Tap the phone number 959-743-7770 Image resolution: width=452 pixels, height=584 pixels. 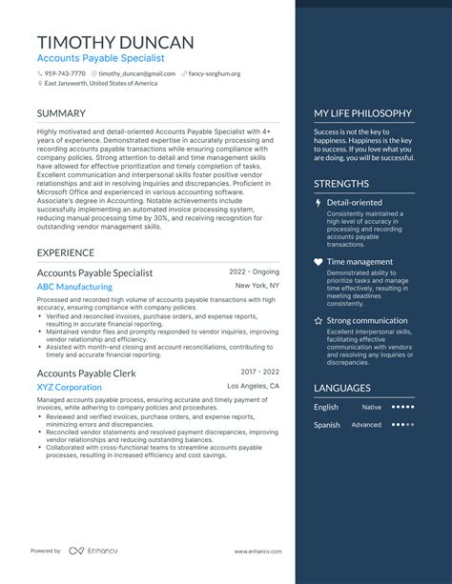tap(64, 73)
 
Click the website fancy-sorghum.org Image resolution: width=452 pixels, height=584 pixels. tap(213, 73)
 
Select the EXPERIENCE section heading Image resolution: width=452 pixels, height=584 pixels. tap(65, 252)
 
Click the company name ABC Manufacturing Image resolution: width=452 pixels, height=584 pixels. tap(74, 286)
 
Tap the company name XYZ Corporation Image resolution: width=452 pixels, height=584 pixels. tap(69, 387)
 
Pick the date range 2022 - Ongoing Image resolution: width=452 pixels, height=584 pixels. tap(255, 272)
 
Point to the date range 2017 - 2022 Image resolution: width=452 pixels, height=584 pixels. tap(260, 372)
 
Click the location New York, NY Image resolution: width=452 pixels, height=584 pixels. tap(257, 286)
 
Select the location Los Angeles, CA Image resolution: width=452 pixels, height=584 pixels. tap(254, 386)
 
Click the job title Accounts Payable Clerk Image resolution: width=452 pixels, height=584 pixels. tap(86, 373)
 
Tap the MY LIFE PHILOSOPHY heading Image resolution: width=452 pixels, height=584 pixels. tap(362, 113)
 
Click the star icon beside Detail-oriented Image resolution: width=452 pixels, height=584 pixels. tap(318, 203)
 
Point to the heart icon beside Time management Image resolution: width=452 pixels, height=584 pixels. tap(318, 262)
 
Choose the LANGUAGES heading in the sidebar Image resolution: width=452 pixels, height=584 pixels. tap(342, 388)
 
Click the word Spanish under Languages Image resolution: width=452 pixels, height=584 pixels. tap(327, 425)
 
